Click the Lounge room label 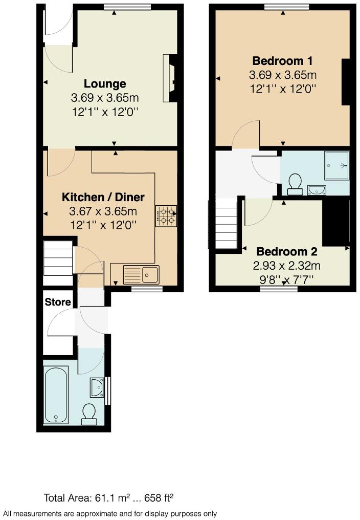pyautogui.click(x=105, y=83)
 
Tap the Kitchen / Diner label pyautogui.click(x=103, y=197)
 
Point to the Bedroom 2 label pyautogui.click(x=286, y=252)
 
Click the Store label pyautogui.click(x=58, y=302)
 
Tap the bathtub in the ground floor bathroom pyautogui.click(x=56, y=395)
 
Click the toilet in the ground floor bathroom pyautogui.click(x=89, y=414)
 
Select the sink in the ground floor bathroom pyautogui.click(x=96, y=387)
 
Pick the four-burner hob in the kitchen pyautogui.click(x=166, y=216)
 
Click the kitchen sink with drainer pyautogui.click(x=142, y=274)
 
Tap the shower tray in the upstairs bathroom pyautogui.click(x=336, y=166)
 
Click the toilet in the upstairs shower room pyautogui.click(x=294, y=185)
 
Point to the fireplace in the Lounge pyautogui.click(x=170, y=79)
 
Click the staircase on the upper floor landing pyautogui.click(x=225, y=224)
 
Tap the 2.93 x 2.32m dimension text pyautogui.click(x=286, y=266)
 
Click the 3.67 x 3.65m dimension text pyautogui.click(x=103, y=211)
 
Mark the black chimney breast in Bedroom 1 pyautogui.click(x=346, y=82)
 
